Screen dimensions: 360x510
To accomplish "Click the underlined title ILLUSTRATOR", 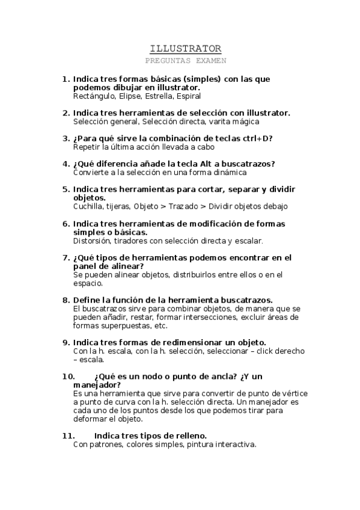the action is coord(185,49).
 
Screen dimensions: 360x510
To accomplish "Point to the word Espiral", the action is coord(188,96).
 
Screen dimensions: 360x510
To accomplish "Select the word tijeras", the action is coord(119,206).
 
